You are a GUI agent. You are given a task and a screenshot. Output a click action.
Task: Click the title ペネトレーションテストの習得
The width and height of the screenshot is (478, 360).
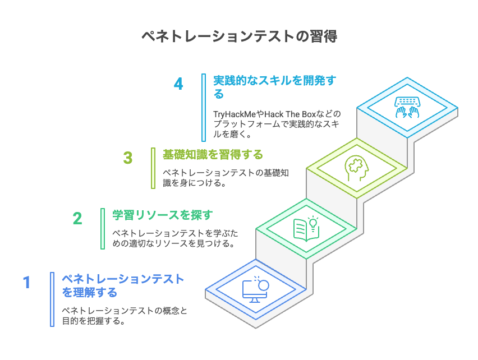[x=238, y=37]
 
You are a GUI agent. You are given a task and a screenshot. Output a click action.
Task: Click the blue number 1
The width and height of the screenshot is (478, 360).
[x=26, y=281]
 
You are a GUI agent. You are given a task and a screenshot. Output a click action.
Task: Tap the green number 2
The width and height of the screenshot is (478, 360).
[x=77, y=218]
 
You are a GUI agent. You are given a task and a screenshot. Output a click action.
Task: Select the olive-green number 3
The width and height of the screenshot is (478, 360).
[x=128, y=158]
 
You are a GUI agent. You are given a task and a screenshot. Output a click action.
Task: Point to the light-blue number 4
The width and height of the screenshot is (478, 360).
[x=178, y=84]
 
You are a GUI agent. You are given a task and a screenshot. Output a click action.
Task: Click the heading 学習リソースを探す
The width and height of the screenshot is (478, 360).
[x=163, y=214]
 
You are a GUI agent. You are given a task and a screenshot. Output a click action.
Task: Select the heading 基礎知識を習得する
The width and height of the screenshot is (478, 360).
[x=213, y=154]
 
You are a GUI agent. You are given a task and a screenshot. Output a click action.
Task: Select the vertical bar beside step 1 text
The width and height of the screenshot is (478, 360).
[x=52, y=299]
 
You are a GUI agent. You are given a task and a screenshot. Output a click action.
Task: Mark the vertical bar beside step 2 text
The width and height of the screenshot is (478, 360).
[x=102, y=228]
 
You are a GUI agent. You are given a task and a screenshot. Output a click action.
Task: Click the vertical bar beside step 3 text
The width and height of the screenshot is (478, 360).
[x=153, y=168]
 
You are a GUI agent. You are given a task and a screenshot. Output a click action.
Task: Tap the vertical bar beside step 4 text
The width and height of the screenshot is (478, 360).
[x=203, y=107]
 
